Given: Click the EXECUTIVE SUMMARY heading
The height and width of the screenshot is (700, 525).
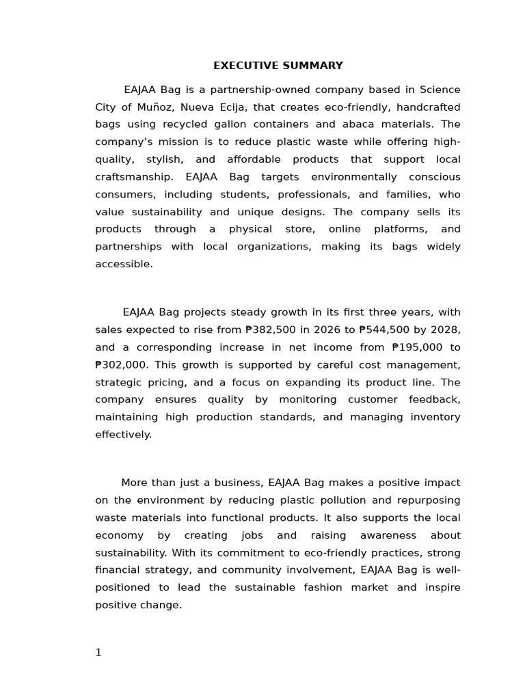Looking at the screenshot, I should (x=278, y=66).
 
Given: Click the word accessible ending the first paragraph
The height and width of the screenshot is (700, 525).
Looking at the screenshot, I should (x=124, y=264).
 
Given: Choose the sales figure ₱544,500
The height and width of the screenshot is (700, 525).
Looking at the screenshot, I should (x=384, y=329).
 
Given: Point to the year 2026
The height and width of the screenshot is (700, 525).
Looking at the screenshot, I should (x=327, y=329).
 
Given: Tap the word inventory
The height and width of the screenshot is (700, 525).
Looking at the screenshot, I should (x=435, y=417).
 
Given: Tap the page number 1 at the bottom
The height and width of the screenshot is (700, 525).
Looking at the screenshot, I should (x=98, y=652).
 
